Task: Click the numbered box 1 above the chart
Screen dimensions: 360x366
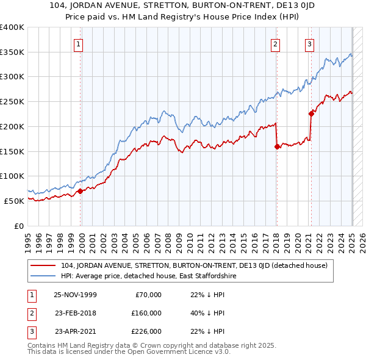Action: pyautogui.click(x=79, y=43)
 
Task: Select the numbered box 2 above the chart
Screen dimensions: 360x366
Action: pyautogui.click(x=276, y=43)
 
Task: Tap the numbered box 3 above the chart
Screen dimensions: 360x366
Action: pyautogui.click(x=310, y=43)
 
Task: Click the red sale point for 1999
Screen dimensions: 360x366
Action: pyautogui.click(x=80, y=191)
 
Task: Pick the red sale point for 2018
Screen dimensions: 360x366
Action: pyautogui.click(x=277, y=146)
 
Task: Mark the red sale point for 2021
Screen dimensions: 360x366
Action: pyautogui.click(x=311, y=113)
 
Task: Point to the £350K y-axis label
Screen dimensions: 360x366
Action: pyautogui.click(x=12, y=52)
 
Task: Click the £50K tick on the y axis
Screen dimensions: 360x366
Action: pyautogui.click(x=15, y=201)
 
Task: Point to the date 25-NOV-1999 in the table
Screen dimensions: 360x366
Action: pyautogui.click(x=75, y=295)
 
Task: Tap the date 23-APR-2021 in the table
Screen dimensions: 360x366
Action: pyautogui.click(x=75, y=331)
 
